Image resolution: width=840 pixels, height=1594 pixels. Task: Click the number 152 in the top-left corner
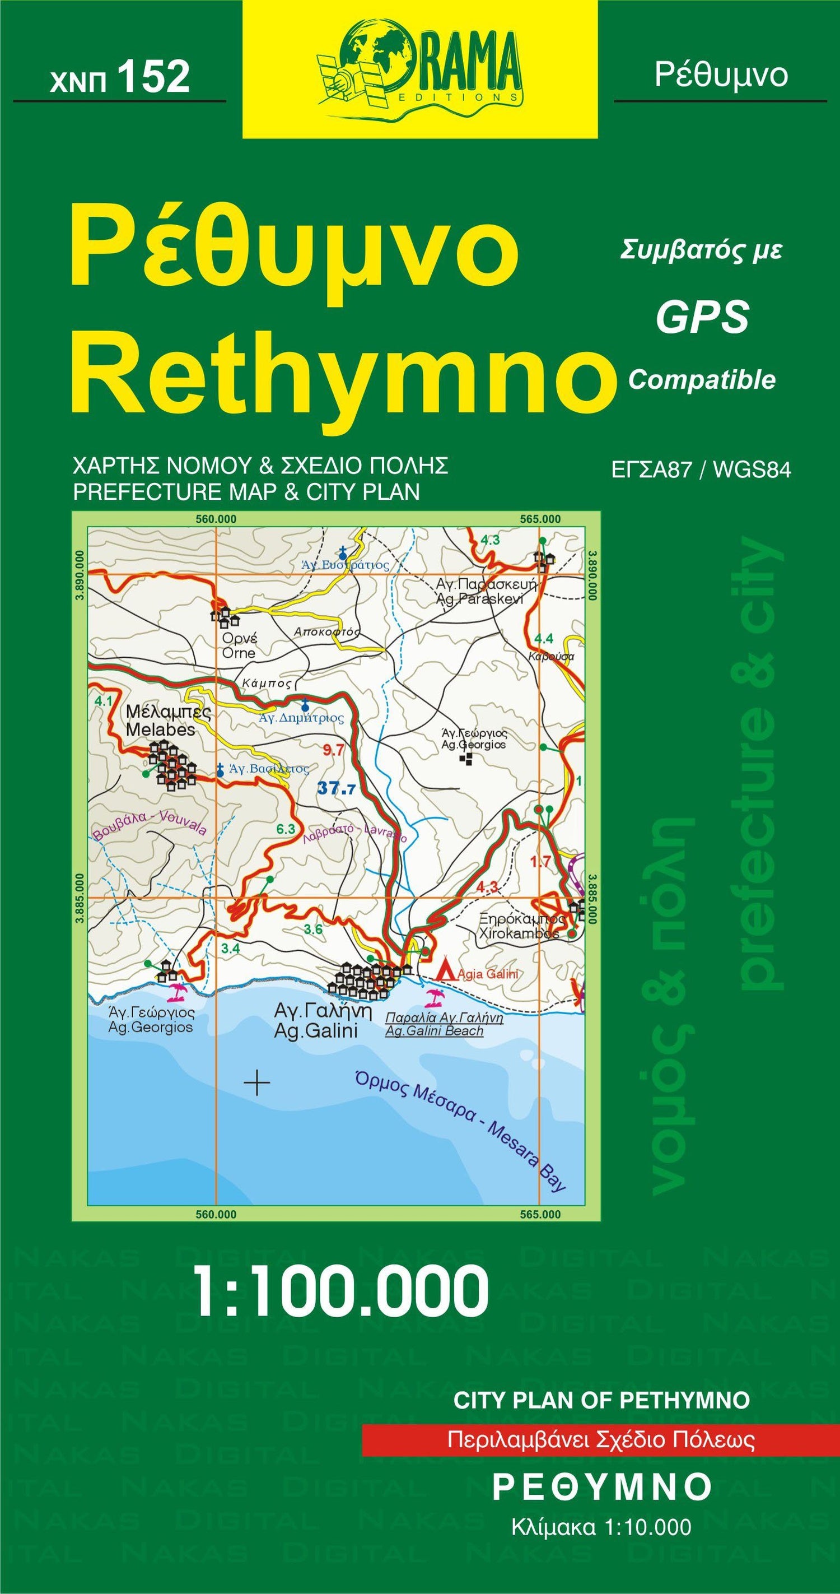[153, 78]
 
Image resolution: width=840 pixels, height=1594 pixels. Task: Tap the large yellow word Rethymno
[344, 373]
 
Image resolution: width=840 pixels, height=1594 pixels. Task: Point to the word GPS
[702, 318]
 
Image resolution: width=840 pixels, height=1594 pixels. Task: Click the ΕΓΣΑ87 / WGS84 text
[701, 470]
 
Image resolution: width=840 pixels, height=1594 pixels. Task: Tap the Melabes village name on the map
[160, 729]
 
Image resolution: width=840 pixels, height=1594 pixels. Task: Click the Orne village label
[239, 653]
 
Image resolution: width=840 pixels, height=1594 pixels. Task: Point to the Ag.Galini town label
[316, 1031]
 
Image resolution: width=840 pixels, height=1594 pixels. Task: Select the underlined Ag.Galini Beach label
[434, 1031]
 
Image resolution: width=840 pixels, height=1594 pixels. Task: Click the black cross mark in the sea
[256, 1082]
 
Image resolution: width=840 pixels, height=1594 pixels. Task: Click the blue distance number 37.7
[337, 788]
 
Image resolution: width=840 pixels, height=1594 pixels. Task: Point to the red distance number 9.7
[333, 750]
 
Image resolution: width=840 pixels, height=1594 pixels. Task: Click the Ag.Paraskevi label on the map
[479, 599]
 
